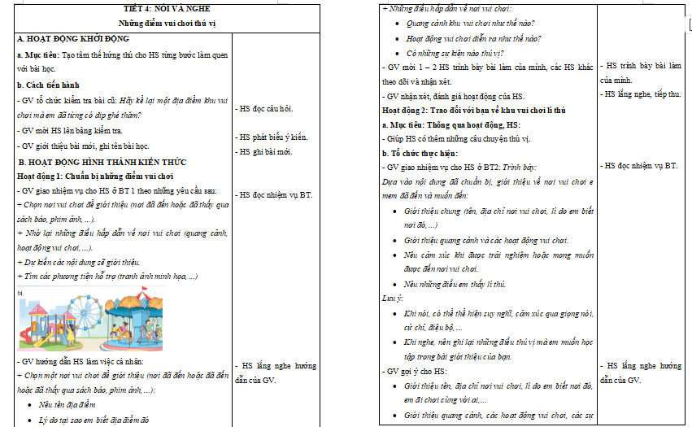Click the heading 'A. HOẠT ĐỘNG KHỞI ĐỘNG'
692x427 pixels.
click(x=72, y=39)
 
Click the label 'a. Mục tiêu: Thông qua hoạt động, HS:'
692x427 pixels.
click(x=450, y=124)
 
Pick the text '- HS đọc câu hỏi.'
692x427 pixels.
click(x=265, y=107)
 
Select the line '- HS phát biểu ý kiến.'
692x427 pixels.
click(x=273, y=137)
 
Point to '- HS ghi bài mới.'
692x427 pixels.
click(x=265, y=151)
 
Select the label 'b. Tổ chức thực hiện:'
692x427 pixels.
click(x=421, y=152)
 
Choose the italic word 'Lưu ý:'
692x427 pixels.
click(x=394, y=298)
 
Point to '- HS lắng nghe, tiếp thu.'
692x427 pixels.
click(x=640, y=94)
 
